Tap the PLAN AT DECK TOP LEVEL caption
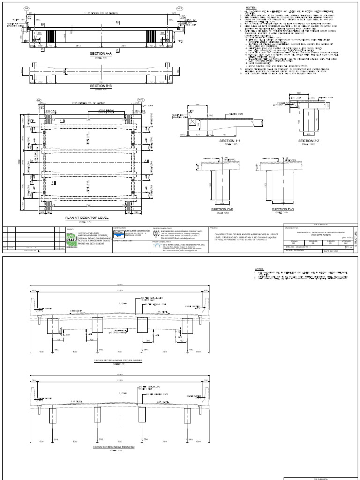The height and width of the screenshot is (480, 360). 93,218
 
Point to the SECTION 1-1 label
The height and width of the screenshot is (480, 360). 230,141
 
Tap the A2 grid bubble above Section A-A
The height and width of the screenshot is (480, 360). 26,9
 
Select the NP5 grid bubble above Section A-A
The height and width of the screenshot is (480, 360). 180,9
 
